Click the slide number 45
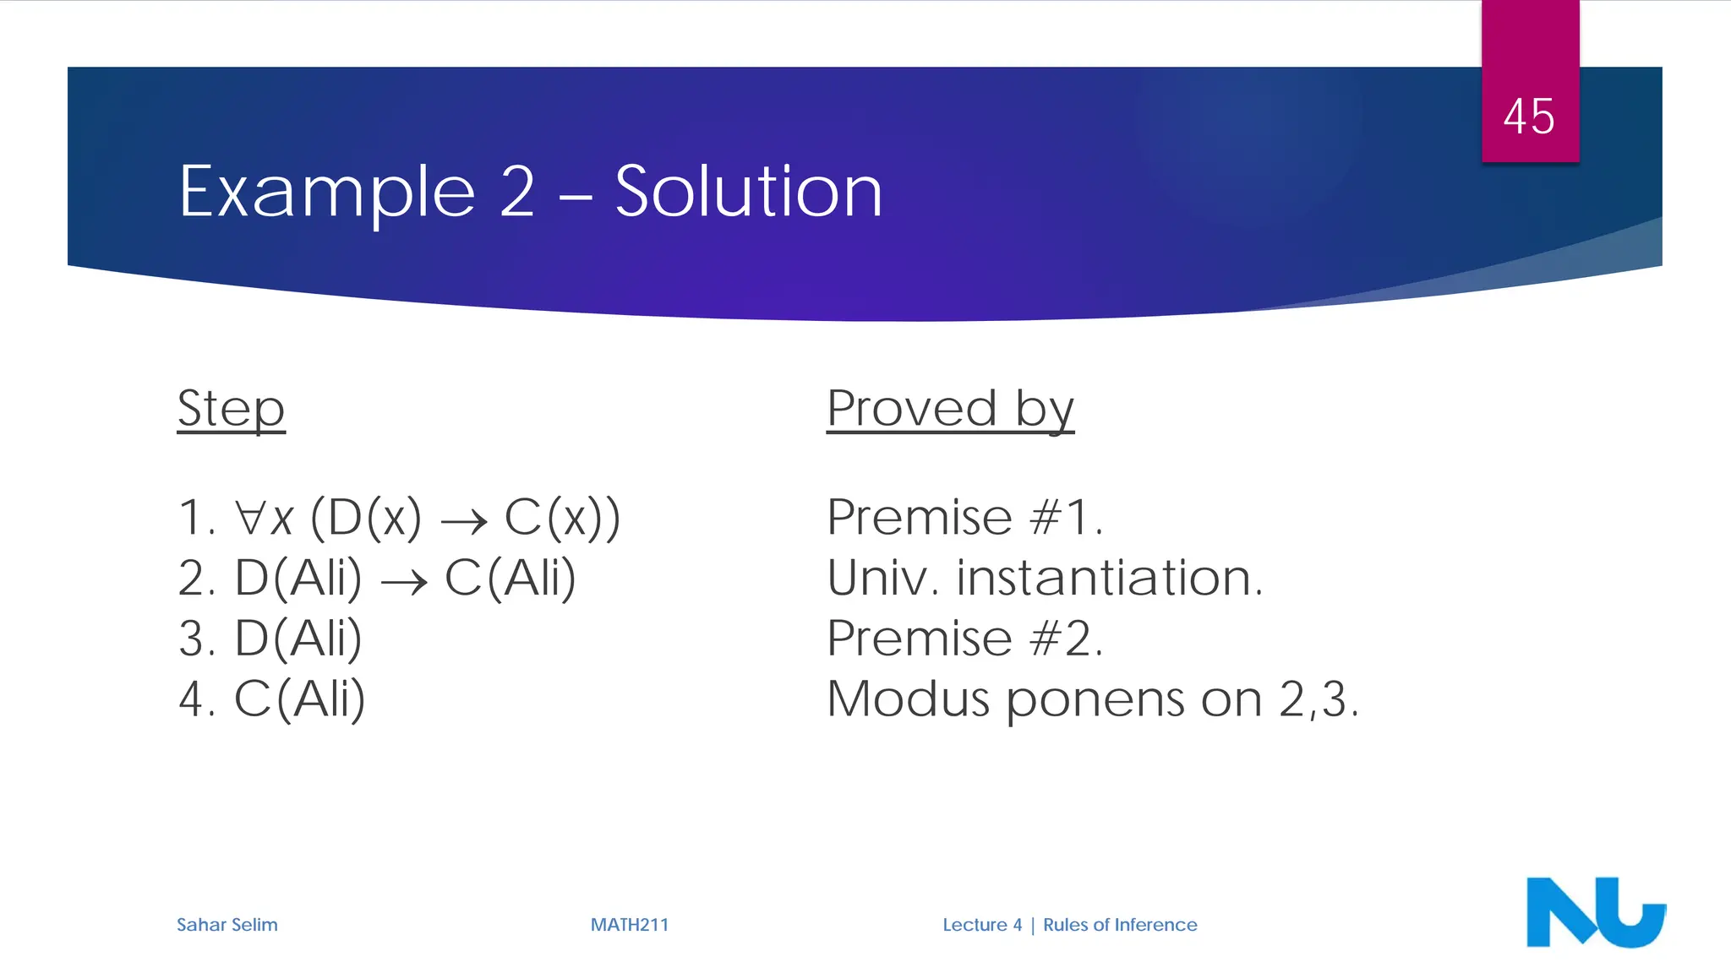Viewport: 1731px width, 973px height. (1528, 117)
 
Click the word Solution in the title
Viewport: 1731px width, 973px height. (748, 192)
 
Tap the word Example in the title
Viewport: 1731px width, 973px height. (328, 193)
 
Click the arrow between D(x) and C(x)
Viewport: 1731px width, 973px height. (464, 521)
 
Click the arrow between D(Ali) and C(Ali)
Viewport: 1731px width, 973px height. (404, 582)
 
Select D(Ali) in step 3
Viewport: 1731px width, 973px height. (298, 639)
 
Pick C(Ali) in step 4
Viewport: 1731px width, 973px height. (299, 699)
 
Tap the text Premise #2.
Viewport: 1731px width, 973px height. (964, 639)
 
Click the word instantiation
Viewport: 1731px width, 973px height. (1109, 579)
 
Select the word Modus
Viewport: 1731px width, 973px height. (908, 699)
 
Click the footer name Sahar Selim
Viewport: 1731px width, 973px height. (227, 925)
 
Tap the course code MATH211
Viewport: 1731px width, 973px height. (629, 925)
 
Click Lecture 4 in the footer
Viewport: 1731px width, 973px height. (982, 925)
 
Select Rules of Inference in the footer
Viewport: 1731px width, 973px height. (1119, 925)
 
